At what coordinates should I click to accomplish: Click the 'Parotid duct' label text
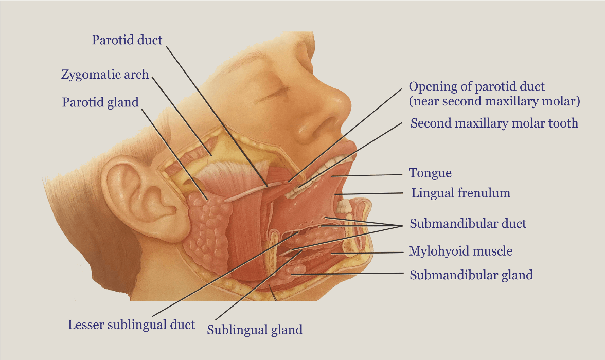(x=127, y=40)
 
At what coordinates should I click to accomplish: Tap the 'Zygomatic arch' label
(x=105, y=75)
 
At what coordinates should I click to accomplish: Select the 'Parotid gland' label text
(x=100, y=102)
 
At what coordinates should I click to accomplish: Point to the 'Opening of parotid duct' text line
(x=476, y=86)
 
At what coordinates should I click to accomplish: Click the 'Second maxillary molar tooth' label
(x=494, y=123)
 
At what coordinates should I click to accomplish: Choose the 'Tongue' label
(x=430, y=173)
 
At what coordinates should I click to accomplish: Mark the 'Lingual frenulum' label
(x=460, y=193)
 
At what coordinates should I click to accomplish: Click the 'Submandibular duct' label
(x=468, y=224)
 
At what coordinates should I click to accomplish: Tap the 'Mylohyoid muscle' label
(x=460, y=251)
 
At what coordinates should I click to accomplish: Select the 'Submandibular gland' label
(x=471, y=275)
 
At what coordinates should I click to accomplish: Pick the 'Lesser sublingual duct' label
(x=131, y=325)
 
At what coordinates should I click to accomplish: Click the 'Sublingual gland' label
(x=255, y=330)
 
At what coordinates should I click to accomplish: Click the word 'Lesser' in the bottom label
(x=85, y=325)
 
